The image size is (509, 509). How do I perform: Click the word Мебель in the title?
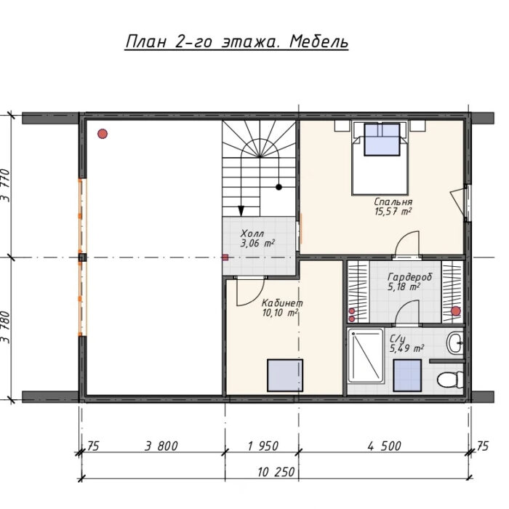tap(318, 42)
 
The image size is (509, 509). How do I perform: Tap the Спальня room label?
tap(393, 201)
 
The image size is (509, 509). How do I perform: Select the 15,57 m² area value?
tap(393, 212)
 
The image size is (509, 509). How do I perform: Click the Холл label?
tap(252, 233)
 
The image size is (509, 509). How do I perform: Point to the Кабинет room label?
tap(282, 303)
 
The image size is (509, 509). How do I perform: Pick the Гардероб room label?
tap(409, 277)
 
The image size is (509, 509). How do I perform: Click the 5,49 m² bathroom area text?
tap(406, 348)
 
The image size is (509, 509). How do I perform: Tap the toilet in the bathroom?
tap(450, 379)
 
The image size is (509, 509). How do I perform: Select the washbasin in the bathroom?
tap(455, 342)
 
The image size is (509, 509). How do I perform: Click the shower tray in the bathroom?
tap(366, 356)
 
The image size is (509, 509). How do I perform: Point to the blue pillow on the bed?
tap(382, 140)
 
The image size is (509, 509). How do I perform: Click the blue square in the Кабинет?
tap(285, 375)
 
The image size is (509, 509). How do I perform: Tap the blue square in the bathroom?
tap(407, 375)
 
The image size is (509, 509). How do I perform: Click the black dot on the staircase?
tap(278, 187)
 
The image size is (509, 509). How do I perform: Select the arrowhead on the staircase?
tap(241, 211)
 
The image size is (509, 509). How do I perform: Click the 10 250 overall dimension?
tap(276, 472)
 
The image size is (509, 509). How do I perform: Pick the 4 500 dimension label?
tap(385, 446)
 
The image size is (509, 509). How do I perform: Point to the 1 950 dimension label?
tap(263, 446)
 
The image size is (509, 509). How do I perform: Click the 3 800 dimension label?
tap(161, 446)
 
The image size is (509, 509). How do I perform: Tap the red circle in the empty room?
tap(103, 134)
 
